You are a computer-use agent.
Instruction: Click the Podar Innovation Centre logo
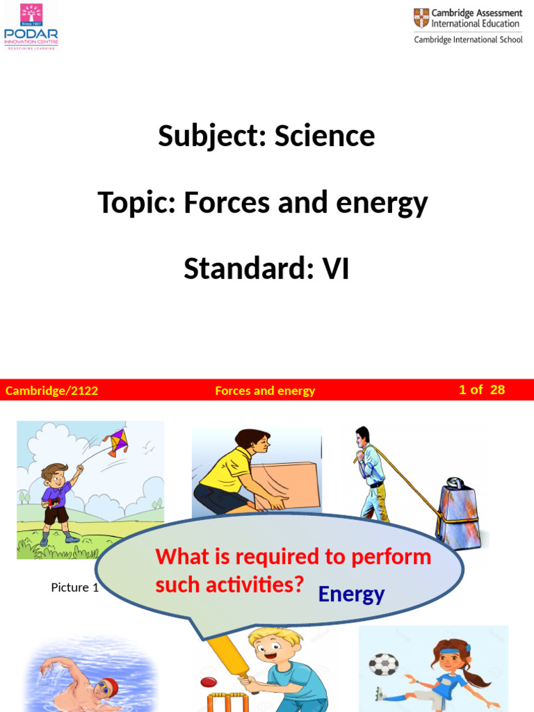click(31, 26)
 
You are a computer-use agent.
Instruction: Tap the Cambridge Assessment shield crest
click(421, 17)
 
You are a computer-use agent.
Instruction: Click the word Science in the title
click(324, 136)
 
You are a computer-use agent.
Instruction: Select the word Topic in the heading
click(136, 202)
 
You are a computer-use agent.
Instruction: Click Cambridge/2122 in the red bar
click(51, 391)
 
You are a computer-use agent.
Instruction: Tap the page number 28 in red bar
click(497, 390)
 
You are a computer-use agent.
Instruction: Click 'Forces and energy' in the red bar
click(265, 391)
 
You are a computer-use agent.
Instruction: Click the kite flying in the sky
click(115, 442)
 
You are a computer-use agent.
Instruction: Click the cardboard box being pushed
click(286, 485)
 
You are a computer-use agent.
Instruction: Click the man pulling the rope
click(370, 474)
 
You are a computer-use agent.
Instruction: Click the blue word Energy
click(351, 594)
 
